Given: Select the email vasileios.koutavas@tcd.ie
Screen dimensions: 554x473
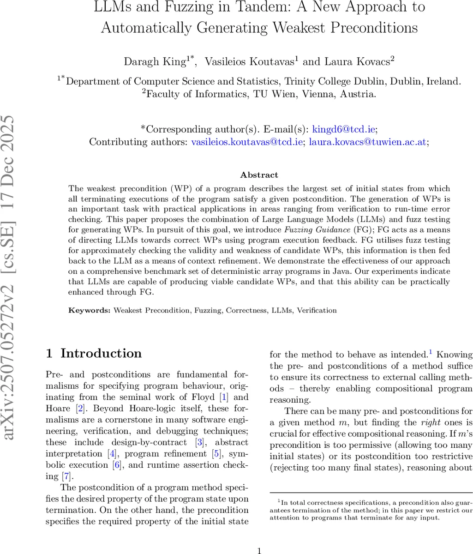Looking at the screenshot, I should [247, 142].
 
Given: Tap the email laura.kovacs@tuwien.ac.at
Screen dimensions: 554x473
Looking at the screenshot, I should [368, 142].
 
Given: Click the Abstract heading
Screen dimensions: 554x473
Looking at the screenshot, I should [259, 175].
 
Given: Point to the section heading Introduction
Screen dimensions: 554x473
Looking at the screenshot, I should [101, 353].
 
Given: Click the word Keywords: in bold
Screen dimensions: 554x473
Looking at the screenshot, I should [90, 310].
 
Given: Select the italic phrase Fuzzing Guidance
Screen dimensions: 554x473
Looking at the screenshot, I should [317, 230].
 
